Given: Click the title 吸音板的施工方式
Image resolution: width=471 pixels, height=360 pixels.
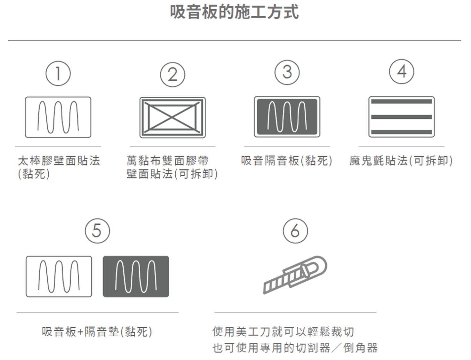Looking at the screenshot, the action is click(x=234, y=12).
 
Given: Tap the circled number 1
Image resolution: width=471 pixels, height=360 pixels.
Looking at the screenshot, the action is click(x=58, y=73).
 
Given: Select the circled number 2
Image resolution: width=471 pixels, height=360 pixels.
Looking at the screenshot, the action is click(x=172, y=75).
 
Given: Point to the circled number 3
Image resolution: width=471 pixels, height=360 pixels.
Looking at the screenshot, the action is click(x=287, y=72).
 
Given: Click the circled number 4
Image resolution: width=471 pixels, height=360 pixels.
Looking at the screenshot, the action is click(x=402, y=71).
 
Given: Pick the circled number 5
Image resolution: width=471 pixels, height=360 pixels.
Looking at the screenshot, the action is click(x=97, y=231).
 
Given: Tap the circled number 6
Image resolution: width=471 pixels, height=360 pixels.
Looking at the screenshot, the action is click(x=295, y=231).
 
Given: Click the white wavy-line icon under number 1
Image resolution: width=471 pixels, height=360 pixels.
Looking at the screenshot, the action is click(x=58, y=117).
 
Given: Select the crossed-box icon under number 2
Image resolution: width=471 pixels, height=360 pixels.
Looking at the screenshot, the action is click(x=172, y=117).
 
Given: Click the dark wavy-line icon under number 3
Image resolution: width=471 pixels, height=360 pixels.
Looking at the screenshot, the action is click(x=287, y=117).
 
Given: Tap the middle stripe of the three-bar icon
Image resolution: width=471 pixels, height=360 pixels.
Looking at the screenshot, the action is click(x=402, y=117).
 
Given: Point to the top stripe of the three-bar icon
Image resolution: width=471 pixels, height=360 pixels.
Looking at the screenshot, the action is click(x=402, y=101).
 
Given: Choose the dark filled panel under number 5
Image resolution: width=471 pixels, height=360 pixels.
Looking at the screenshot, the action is click(x=136, y=276).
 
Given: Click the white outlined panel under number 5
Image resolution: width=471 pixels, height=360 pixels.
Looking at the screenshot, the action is click(x=59, y=276).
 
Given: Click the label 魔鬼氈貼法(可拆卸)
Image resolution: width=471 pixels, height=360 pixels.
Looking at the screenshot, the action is click(x=401, y=161).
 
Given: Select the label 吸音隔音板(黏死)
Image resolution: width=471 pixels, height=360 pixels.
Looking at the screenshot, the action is click(x=287, y=161).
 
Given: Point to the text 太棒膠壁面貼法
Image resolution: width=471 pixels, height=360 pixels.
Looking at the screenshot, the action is click(x=59, y=161).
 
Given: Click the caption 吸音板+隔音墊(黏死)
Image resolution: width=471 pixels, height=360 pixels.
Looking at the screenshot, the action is click(x=97, y=332).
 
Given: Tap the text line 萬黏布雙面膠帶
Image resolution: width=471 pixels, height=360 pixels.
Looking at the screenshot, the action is click(x=168, y=161).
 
